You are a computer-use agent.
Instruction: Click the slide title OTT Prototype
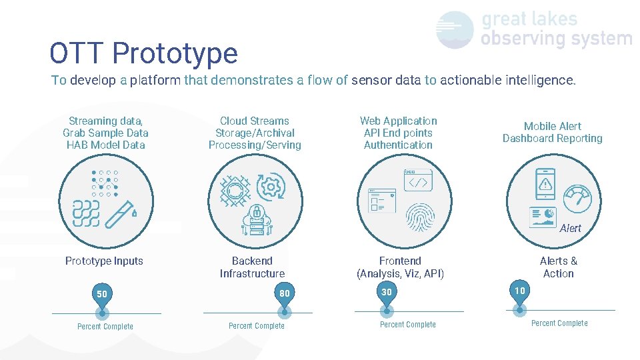[x=143, y=53]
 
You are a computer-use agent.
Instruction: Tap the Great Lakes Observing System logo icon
[x=455, y=30]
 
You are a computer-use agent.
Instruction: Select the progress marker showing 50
[x=102, y=295]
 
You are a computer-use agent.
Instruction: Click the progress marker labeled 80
[x=285, y=294]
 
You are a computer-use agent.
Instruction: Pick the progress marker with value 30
[x=387, y=293]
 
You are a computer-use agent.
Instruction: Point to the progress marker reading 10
[x=519, y=291]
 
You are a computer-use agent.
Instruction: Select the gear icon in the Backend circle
[x=271, y=187]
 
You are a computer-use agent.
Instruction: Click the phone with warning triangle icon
[x=545, y=183]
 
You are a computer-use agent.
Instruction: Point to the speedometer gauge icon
[x=577, y=198]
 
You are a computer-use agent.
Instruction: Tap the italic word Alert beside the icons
[x=570, y=228]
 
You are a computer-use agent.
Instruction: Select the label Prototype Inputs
[x=104, y=261]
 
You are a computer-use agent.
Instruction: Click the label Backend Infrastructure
[x=252, y=267]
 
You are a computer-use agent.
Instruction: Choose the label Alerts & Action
[x=558, y=267]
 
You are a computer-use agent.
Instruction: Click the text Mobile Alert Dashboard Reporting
[x=552, y=132]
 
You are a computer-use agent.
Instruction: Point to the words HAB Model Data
[x=105, y=145]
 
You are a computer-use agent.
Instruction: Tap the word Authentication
[x=398, y=145]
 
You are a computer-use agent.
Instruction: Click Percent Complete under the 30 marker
[x=407, y=325]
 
